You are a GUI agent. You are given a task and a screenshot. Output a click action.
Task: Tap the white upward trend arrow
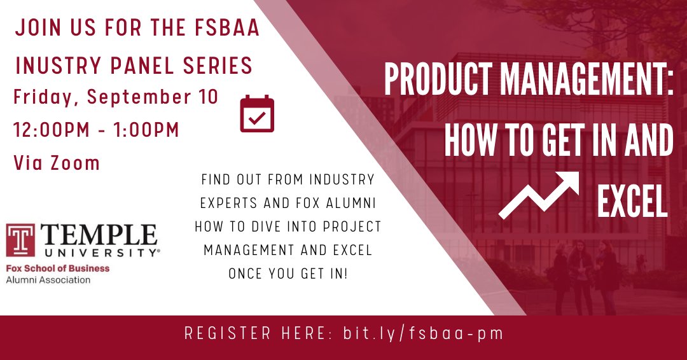[539, 194]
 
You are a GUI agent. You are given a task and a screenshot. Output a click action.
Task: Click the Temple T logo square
[20, 239]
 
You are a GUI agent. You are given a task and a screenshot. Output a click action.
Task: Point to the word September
[144, 97]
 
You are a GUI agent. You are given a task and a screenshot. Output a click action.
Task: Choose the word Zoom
[76, 163]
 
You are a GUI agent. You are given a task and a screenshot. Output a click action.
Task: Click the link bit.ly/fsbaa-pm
[423, 333]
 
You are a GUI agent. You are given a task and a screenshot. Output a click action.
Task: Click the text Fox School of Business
[58, 268]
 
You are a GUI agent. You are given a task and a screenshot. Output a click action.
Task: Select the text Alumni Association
[48, 279]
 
